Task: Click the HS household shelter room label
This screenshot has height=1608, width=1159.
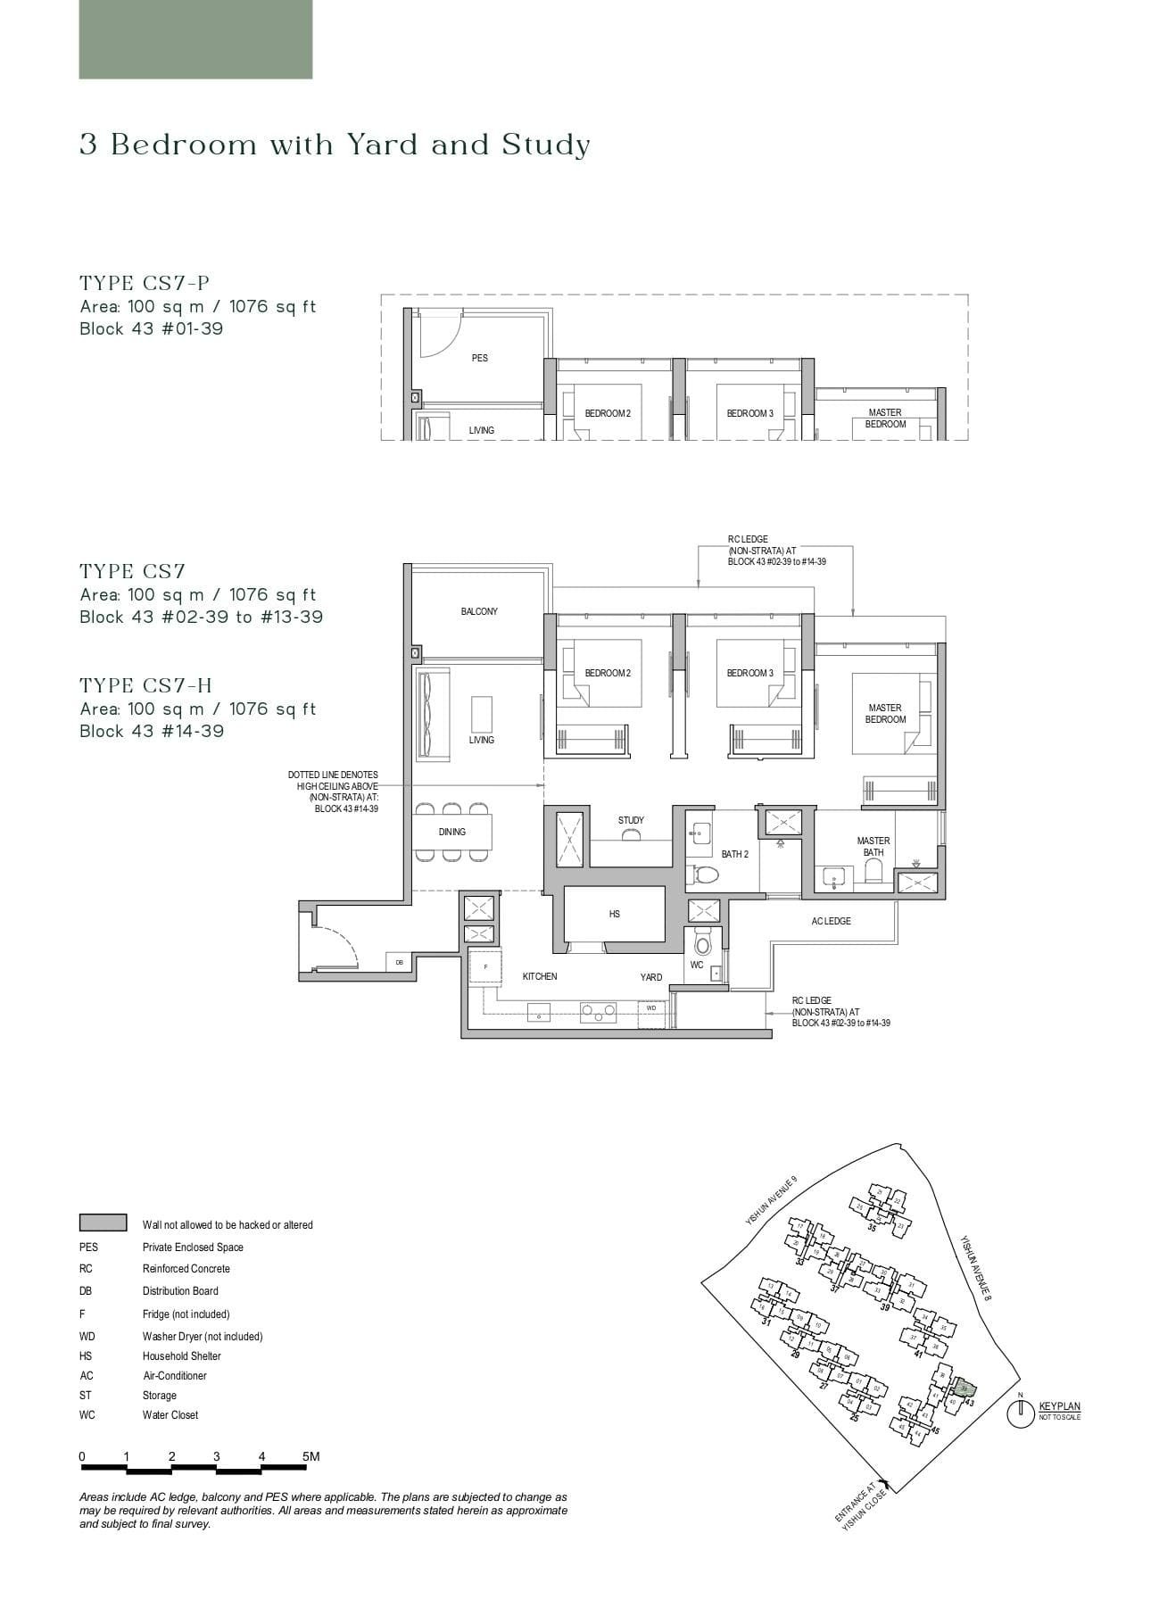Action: tap(614, 914)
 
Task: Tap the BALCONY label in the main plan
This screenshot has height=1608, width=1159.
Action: tap(479, 611)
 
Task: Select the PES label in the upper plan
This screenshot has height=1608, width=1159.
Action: tap(479, 358)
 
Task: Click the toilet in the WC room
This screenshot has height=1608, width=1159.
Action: tap(702, 943)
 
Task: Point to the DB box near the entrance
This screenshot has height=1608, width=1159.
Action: tap(399, 963)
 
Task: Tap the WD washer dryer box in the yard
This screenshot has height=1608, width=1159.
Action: tap(650, 1008)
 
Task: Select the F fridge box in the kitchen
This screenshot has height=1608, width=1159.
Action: tap(485, 967)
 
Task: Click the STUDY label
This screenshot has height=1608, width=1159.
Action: tap(631, 820)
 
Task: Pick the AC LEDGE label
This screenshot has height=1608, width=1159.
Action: tap(831, 921)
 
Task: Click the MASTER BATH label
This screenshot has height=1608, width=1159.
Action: tap(873, 846)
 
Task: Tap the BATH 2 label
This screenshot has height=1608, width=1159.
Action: tap(734, 854)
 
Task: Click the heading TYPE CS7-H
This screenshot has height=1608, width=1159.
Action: tap(146, 685)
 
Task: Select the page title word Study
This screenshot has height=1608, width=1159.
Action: tap(546, 145)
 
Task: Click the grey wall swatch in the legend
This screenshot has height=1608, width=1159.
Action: tap(103, 1223)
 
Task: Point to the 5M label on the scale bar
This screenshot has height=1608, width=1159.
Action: tap(310, 1456)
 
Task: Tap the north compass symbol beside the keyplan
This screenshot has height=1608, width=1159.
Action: tap(1020, 1413)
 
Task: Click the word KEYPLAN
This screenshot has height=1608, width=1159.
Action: tap(1059, 1407)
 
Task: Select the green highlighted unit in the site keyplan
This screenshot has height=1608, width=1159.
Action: tap(962, 1388)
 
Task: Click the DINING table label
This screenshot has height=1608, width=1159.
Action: tap(451, 832)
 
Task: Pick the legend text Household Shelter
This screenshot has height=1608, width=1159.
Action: tap(181, 1355)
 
